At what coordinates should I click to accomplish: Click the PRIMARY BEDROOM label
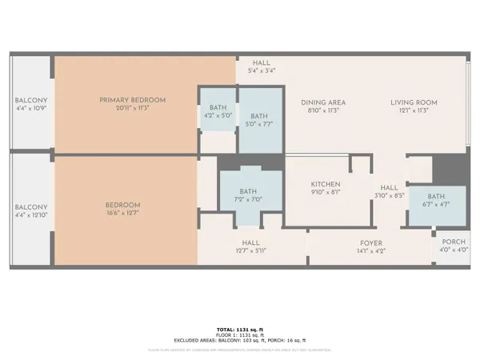(133, 100)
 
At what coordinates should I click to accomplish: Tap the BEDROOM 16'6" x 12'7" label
(122, 205)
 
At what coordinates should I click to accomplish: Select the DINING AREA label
(323, 102)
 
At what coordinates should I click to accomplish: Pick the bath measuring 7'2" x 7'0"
(250, 192)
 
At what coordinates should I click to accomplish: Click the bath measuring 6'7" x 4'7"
(436, 197)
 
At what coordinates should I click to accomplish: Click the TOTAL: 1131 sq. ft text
(240, 330)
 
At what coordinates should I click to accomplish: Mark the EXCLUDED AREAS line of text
(240, 341)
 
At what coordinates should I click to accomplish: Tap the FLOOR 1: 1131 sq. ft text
(240, 335)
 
